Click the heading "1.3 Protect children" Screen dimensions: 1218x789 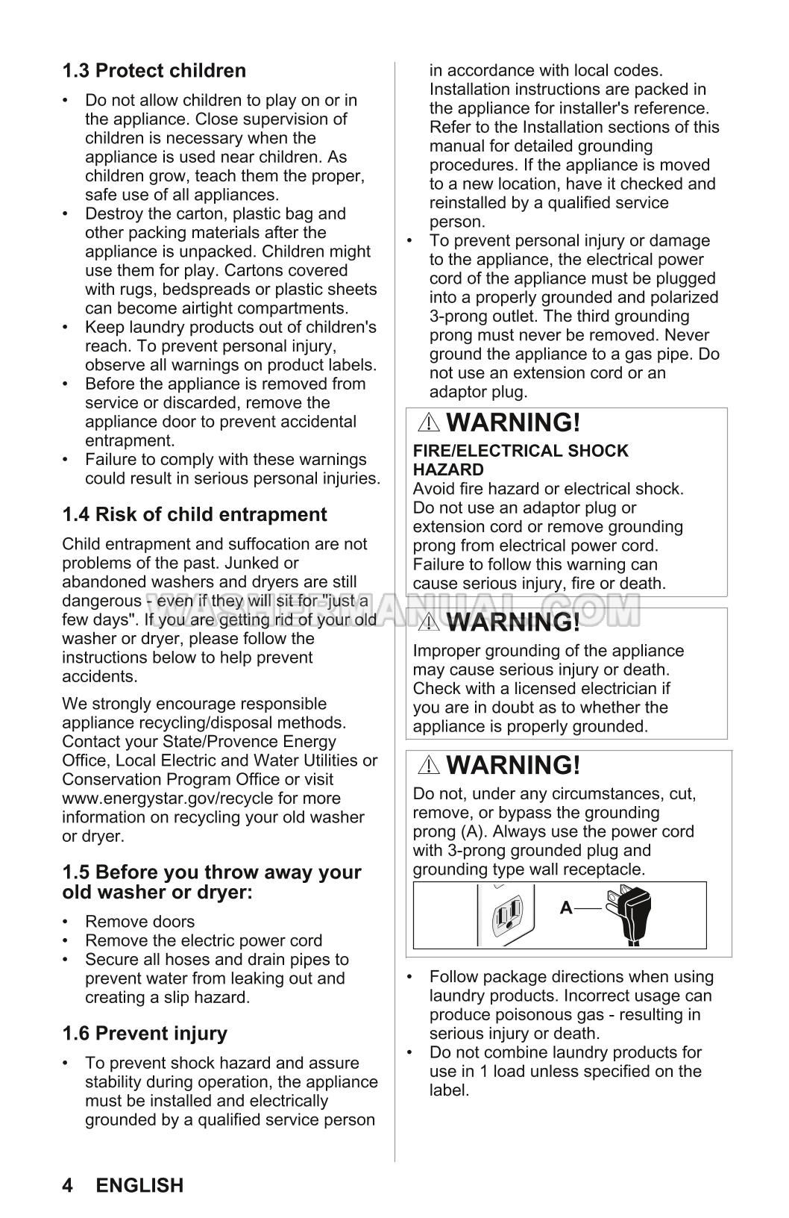point(154,71)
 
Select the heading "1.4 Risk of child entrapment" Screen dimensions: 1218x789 point(194,514)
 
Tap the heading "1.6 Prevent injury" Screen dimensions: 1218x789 point(145,1033)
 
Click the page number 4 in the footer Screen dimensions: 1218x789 point(68,1185)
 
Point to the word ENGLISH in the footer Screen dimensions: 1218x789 point(139,1185)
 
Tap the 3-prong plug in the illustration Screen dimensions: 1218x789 point(630,914)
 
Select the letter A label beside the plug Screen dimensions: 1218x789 point(566,908)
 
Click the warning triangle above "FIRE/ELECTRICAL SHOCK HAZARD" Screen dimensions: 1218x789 point(429,423)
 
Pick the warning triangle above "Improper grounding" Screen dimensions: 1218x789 point(429,622)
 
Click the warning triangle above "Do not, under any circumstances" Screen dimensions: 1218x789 point(429,765)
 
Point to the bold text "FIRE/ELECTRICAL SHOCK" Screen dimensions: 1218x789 point(521,451)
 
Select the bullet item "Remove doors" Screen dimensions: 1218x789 point(139,922)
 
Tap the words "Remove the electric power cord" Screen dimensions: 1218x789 point(204,940)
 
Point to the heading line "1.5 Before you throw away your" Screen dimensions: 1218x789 point(212,872)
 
